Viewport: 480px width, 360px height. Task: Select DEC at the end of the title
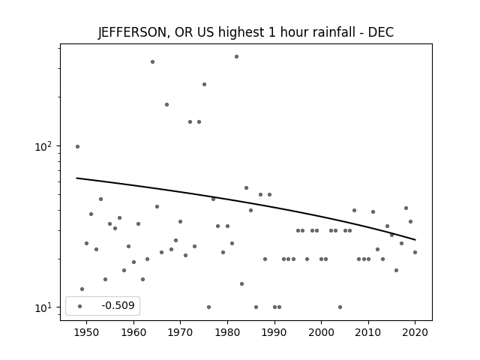click(x=381, y=32)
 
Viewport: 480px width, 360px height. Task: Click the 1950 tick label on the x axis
click(x=87, y=332)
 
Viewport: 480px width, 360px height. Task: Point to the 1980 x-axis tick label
click(x=227, y=332)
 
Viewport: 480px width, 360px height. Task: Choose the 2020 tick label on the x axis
click(x=415, y=332)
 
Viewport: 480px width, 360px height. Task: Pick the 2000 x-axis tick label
click(x=321, y=332)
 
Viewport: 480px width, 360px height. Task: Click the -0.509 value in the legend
click(x=118, y=305)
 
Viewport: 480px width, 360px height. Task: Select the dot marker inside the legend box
click(x=80, y=306)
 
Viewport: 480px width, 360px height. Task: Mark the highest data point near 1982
click(x=237, y=57)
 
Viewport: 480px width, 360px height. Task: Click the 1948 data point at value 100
click(x=77, y=147)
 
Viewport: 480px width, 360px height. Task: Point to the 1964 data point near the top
click(x=152, y=61)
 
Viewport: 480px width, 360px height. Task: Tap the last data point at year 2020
click(x=415, y=252)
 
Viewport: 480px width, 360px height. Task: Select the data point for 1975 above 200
click(x=204, y=85)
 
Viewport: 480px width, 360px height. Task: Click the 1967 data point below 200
click(x=166, y=105)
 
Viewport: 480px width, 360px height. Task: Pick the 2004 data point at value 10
click(x=340, y=307)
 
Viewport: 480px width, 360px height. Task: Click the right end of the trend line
click(x=415, y=240)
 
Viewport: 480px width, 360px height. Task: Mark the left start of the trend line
click(x=76, y=178)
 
